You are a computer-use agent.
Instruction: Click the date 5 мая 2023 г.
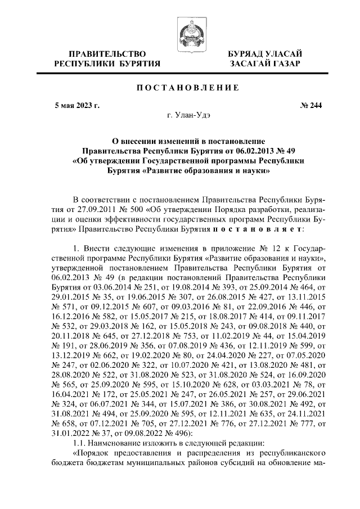[76, 105]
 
